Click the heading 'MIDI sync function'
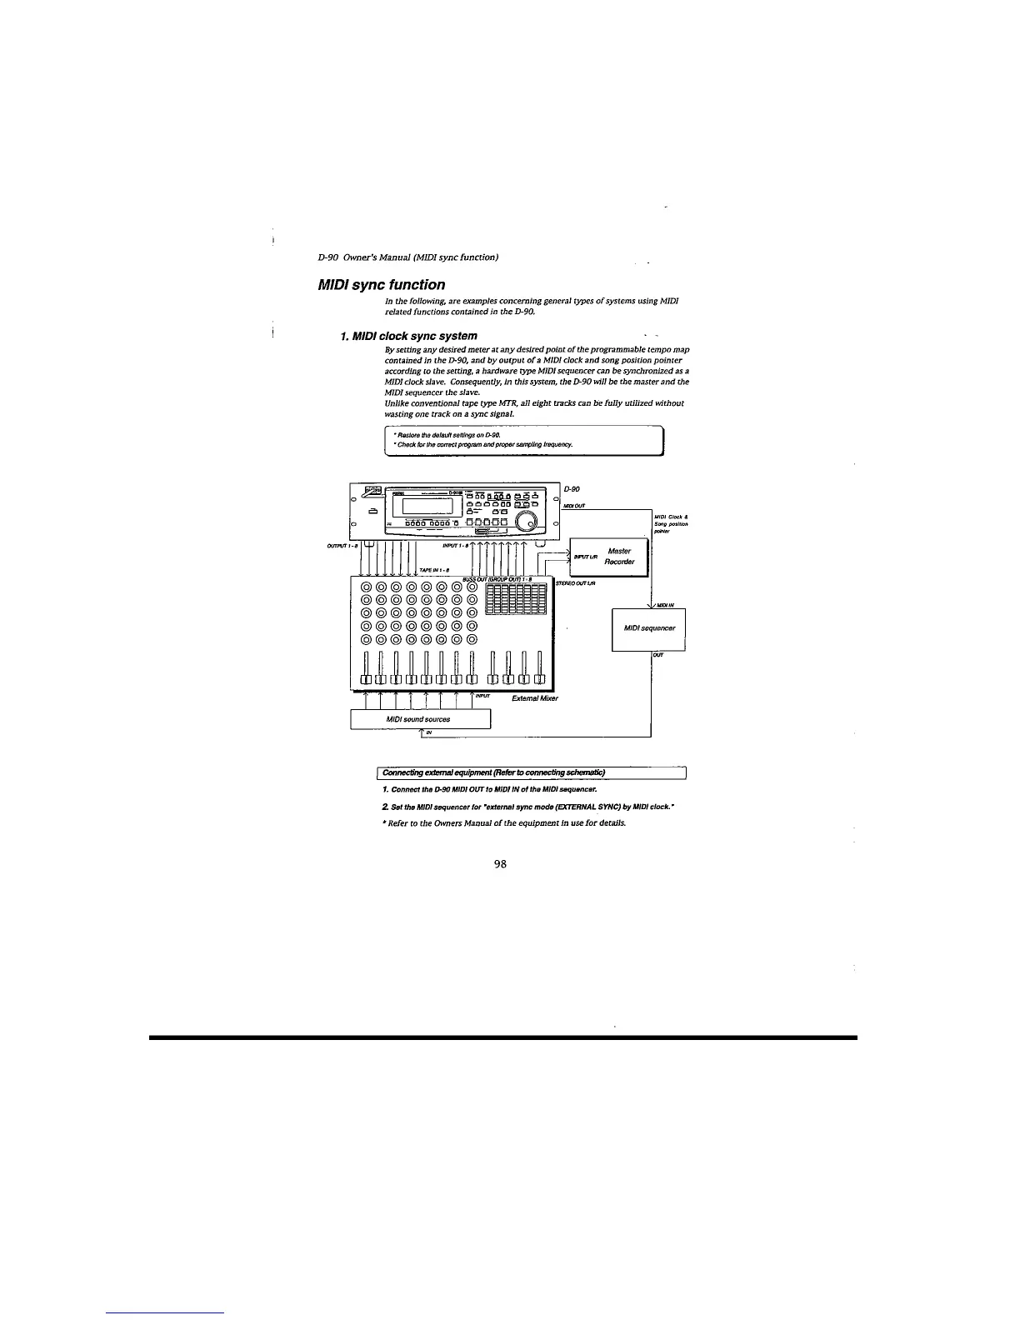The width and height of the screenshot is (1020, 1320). (x=382, y=285)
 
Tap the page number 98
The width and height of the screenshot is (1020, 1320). (x=501, y=864)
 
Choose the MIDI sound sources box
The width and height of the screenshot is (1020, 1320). (x=419, y=718)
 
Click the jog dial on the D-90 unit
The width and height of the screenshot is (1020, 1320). (x=527, y=521)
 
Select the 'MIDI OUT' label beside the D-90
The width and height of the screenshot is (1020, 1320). (x=575, y=505)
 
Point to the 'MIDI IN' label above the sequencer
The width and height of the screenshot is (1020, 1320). (x=666, y=606)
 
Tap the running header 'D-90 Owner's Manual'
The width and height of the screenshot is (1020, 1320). (x=409, y=257)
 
